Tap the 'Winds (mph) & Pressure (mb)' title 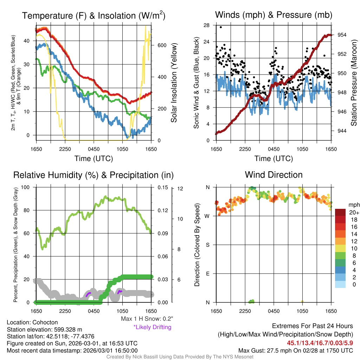pyautogui.click(x=274, y=15)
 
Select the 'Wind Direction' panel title pyautogui.click(x=274, y=175)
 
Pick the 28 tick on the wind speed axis pyautogui.click(x=206, y=25)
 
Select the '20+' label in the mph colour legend pyautogui.click(x=353, y=212)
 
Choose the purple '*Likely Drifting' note pyautogui.click(x=152, y=327)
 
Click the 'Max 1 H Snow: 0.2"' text pyautogui.click(x=146, y=319)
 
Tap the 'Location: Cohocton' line pyautogui.click(x=32, y=322)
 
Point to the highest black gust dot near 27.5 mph pyautogui.click(x=221, y=27)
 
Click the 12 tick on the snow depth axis pyautogui.click(x=180, y=188)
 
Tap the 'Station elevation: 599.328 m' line pyautogui.click(x=44, y=329)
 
